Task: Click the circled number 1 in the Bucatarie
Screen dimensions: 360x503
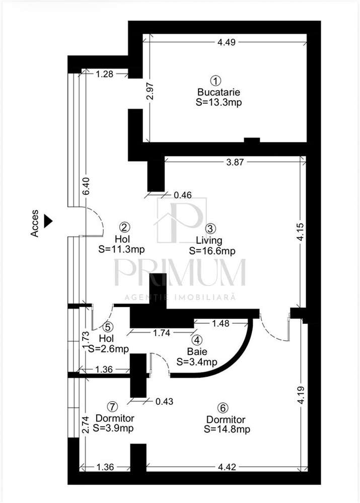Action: tap(215, 81)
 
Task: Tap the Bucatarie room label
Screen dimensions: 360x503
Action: tap(219, 92)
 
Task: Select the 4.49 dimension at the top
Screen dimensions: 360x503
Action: tap(227, 42)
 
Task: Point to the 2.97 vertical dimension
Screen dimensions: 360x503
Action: tap(151, 92)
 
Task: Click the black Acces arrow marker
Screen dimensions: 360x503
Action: tap(48, 221)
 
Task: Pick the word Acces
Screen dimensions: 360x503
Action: tap(34, 223)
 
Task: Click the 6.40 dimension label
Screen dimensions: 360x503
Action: tap(86, 186)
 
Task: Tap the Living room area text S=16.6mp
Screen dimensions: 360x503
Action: tap(212, 251)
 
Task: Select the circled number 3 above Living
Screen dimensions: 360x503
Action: tap(210, 229)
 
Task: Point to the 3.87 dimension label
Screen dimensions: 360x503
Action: tap(235, 162)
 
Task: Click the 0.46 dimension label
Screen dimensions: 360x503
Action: tap(183, 195)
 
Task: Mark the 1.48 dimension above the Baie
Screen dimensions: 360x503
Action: tap(221, 324)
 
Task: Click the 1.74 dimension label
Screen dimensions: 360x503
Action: tap(162, 333)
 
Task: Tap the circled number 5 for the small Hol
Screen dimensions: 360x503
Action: tap(108, 327)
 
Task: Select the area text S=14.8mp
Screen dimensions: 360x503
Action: tap(227, 429)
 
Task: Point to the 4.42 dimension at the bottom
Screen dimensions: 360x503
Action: tap(227, 467)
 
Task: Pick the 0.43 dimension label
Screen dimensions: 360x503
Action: tap(164, 401)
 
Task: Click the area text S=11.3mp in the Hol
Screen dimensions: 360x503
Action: tap(122, 250)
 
